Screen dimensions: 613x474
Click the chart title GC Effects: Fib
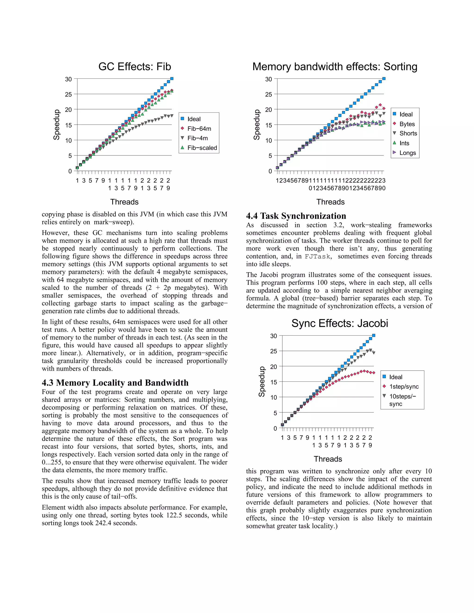[x=134, y=67]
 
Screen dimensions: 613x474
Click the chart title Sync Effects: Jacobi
[x=340, y=323]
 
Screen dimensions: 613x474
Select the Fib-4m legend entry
[x=197, y=138]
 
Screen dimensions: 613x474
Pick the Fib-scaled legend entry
[x=202, y=148]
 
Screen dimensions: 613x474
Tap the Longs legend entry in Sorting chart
[x=407, y=153]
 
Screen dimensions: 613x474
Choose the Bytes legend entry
[x=407, y=124]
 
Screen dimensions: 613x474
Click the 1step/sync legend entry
[x=403, y=387]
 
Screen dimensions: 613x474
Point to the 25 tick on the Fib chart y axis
[x=69, y=94]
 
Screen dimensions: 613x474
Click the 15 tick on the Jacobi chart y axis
[x=274, y=382]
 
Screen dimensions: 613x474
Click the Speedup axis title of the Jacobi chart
[x=262, y=381]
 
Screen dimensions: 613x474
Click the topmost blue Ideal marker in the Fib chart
[x=172, y=79]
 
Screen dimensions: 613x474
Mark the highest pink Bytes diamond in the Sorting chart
[x=380, y=105]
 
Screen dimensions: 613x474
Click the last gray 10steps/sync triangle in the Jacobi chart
[x=374, y=353]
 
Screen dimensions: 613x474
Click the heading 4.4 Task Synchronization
[x=296, y=216]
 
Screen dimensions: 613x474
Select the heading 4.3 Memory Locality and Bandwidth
[x=115, y=383]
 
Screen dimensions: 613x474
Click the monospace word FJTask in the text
[x=318, y=257]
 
